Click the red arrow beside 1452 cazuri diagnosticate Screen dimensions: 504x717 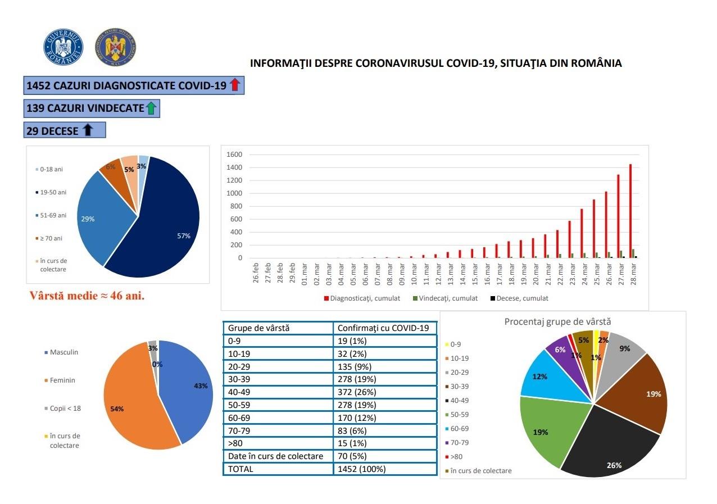click(x=235, y=85)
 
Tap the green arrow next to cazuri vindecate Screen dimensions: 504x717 click(x=151, y=108)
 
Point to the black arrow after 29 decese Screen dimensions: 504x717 click(x=88, y=131)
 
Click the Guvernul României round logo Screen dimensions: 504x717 click(x=63, y=47)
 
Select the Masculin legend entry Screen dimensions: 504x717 click(x=63, y=352)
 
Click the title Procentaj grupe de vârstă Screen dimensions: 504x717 click(x=557, y=322)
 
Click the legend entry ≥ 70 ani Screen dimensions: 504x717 click(x=50, y=238)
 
